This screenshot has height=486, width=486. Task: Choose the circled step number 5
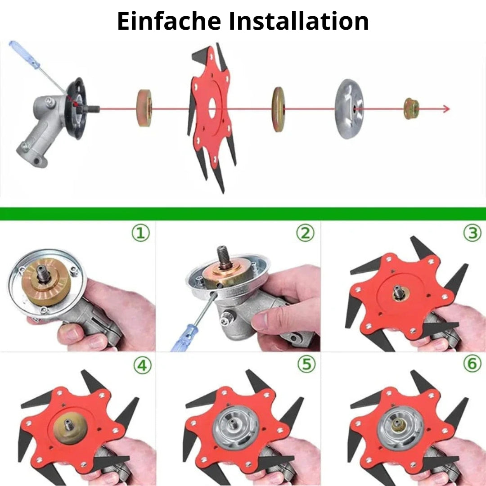coord(306,364)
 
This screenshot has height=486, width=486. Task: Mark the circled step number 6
coord(472,364)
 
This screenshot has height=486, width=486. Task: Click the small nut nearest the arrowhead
coord(411,109)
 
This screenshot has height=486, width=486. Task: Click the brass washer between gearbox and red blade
coord(144,108)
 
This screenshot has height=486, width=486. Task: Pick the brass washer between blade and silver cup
coord(278,109)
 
